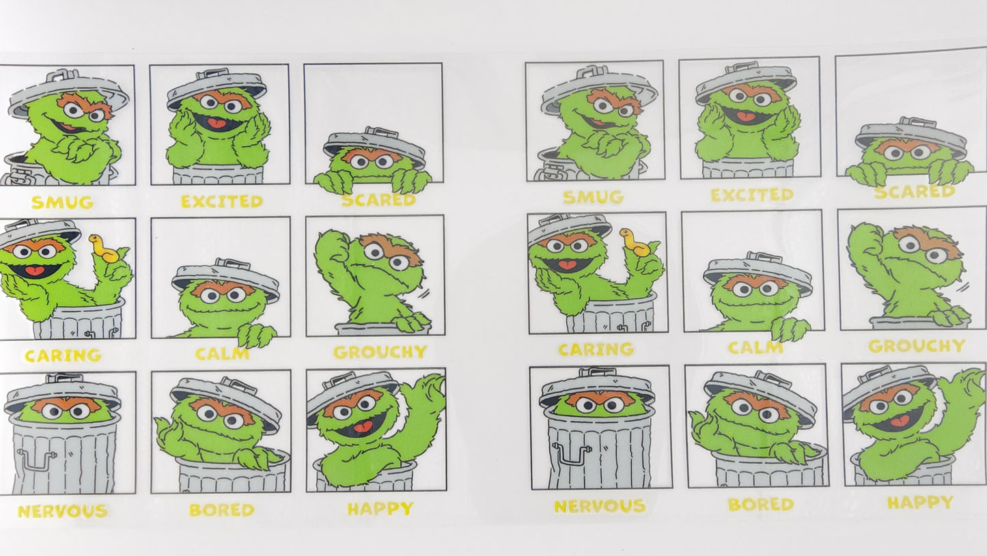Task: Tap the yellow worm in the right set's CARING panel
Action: [x=634, y=243]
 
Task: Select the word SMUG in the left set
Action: [x=62, y=203]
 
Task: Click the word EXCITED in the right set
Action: [x=752, y=195]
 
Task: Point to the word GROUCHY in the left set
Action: [x=380, y=352]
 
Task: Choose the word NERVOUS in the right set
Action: [x=599, y=507]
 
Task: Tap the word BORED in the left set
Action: [x=221, y=510]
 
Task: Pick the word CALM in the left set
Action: [x=222, y=355]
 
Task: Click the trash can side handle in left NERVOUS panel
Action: [x=35, y=460]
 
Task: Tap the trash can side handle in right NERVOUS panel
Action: [x=570, y=453]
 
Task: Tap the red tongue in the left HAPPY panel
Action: [x=362, y=428]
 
